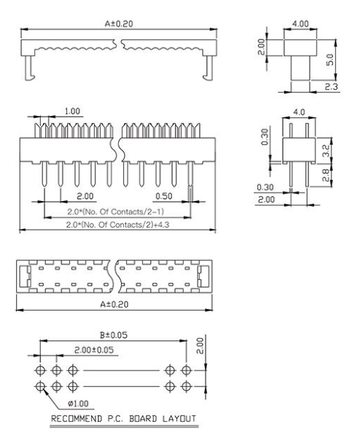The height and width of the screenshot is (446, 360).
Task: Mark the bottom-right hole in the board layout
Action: coord(187,384)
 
